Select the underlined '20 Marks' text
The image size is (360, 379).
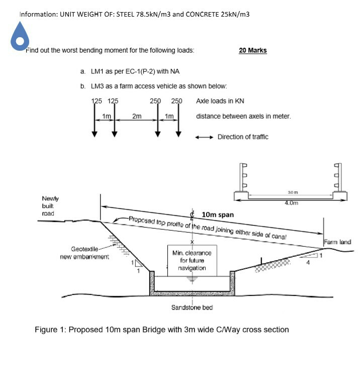[x=253, y=50]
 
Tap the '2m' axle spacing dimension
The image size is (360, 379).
[x=136, y=116]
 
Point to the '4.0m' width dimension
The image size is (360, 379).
[x=292, y=204]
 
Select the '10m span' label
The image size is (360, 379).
[x=217, y=215]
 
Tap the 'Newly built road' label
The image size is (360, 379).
[x=50, y=206]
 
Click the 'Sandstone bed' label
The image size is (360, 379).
[x=193, y=307]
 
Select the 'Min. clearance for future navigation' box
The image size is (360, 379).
[x=192, y=260]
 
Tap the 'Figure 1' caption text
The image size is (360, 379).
[x=162, y=330]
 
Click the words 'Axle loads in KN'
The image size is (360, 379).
[x=220, y=101]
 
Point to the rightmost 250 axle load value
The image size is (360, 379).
[x=176, y=101]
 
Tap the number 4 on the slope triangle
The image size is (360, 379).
[x=308, y=261]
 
